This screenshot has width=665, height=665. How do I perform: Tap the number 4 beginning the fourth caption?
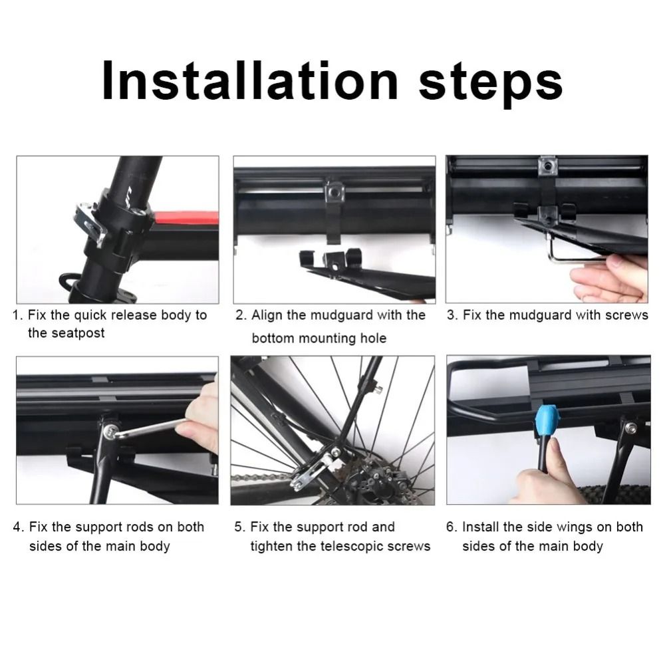point(17,527)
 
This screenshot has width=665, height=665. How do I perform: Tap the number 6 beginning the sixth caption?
point(452,527)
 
